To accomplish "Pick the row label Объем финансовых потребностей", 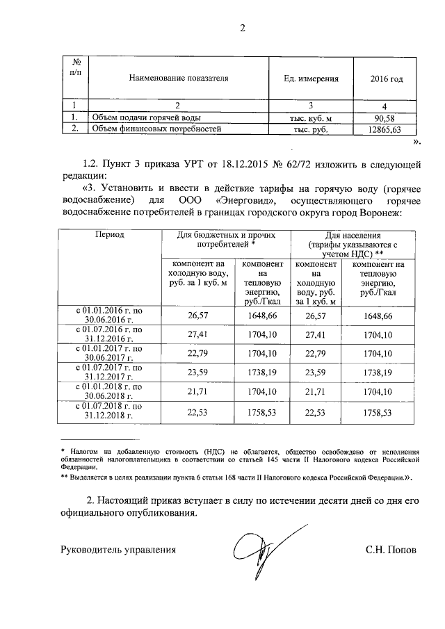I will pyautogui.click(x=156, y=129).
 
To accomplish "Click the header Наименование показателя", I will pyautogui.click(x=178, y=79).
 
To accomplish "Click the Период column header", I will pyautogui.click(x=109, y=235).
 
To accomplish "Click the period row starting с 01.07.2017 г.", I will pyautogui.click(x=109, y=372).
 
